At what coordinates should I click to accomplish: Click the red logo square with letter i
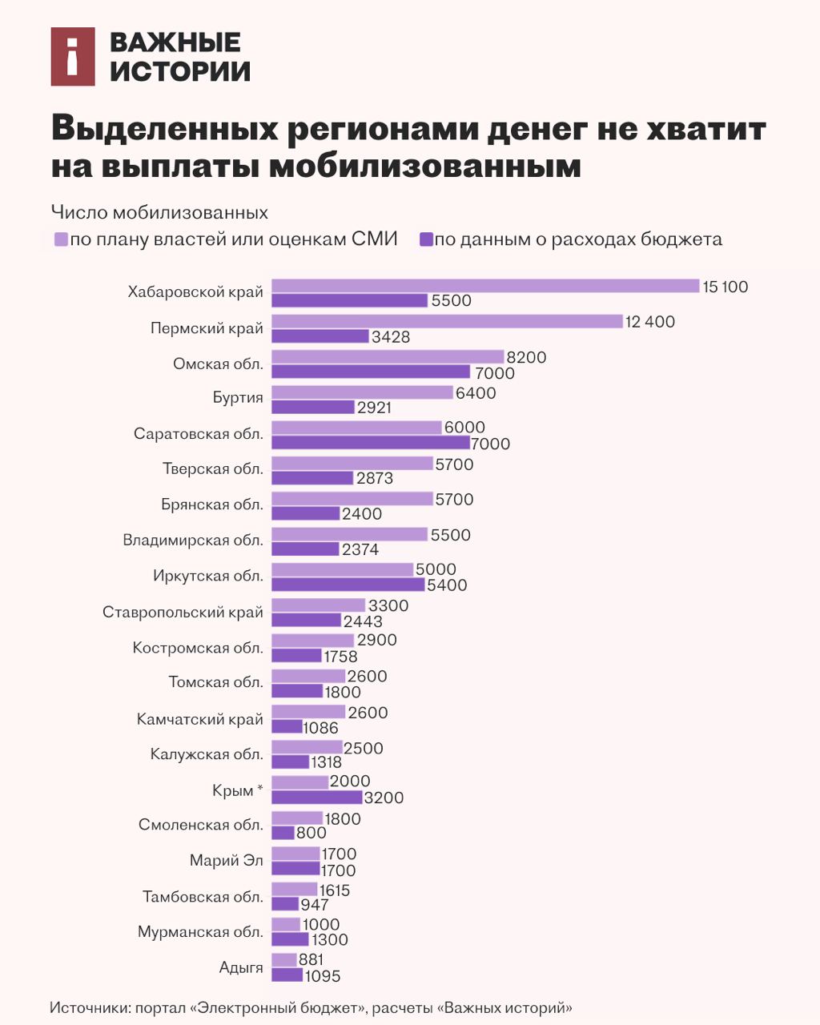pos(73,57)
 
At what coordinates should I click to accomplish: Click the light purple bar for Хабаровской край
pos(485,286)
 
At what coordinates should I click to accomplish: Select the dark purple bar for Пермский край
pos(320,336)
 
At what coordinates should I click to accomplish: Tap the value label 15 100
pos(726,287)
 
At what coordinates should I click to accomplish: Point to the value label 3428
pos(391,337)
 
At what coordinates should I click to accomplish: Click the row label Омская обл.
pos(218,364)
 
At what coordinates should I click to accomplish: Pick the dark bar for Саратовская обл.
pos(371,443)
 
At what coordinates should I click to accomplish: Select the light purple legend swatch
pos(61,239)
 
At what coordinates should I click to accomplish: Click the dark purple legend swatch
pos(426,239)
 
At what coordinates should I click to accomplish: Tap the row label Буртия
pos(238,398)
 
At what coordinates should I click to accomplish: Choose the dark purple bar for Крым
pos(317,797)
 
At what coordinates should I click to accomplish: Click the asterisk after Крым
pos(259,790)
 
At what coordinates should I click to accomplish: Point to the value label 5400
pos(447,585)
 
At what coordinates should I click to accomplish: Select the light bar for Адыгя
pos(283,959)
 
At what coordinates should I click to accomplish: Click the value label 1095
pos(323,976)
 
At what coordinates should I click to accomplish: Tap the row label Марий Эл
pos(227,861)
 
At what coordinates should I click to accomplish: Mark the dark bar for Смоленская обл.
pos(283,833)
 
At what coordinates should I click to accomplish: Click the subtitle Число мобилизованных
pos(159,213)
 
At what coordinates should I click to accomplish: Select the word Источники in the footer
pos(89,1007)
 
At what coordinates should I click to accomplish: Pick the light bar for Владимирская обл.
pos(349,534)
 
